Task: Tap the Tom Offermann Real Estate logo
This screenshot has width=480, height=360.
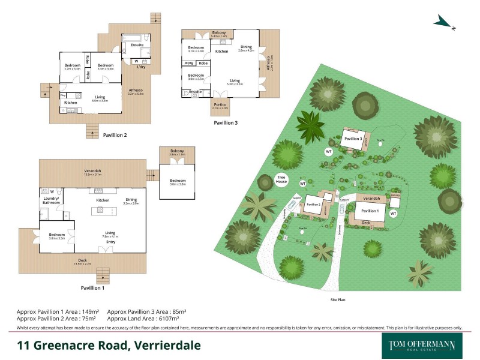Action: pyautogui.click(x=418, y=346)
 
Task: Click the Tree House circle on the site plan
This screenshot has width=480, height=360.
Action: pyautogui.click(x=282, y=178)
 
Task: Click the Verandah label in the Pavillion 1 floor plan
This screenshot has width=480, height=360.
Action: pyautogui.click(x=92, y=170)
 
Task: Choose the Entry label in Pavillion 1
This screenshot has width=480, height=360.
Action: pyautogui.click(x=111, y=242)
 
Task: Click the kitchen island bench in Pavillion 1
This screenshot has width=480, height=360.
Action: pyautogui.click(x=98, y=210)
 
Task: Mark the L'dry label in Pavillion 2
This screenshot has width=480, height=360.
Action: pyautogui.click(x=142, y=67)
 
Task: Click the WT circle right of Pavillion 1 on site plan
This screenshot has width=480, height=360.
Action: pyautogui.click(x=394, y=213)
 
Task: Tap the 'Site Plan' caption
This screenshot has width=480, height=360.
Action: pyautogui.click(x=337, y=299)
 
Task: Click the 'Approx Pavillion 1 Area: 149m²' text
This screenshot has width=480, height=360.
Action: pyautogui.click(x=56, y=312)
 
